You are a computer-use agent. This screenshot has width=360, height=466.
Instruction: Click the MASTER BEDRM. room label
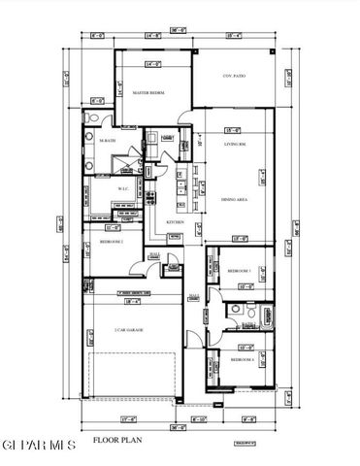pyautogui.click(x=148, y=93)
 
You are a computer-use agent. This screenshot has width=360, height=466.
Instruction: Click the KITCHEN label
pyautogui.click(x=176, y=222)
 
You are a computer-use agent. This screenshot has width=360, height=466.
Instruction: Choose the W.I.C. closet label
pyautogui.click(x=123, y=188)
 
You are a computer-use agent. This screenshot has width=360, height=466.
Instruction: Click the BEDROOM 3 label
pyautogui.click(x=240, y=270)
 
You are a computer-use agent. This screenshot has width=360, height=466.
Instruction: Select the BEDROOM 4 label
pyautogui.click(x=242, y=360)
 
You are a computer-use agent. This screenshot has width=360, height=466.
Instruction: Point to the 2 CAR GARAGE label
pyautogui.click(x=129, y=330)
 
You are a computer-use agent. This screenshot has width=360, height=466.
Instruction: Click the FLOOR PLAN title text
pyautogui.click(x=113, y=440)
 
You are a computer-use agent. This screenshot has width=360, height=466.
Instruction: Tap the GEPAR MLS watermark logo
pyautogui.click(x=37, y=446)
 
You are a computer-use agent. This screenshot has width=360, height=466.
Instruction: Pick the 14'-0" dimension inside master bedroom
pyautogui.click(x=152, y=65)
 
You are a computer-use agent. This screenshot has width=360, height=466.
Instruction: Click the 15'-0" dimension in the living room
pyautogui.click(x=233, y=130)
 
